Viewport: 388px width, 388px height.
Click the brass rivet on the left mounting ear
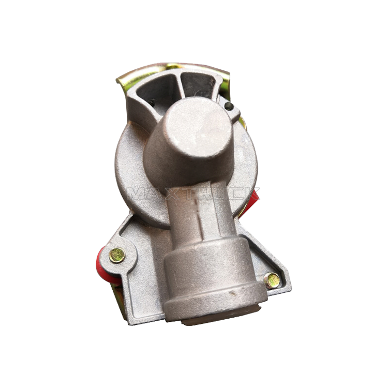click(x=117, y=255)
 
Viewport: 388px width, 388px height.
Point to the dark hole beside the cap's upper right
click(x=229, y=107)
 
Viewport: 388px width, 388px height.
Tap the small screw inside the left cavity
click(x=152, y=102)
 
